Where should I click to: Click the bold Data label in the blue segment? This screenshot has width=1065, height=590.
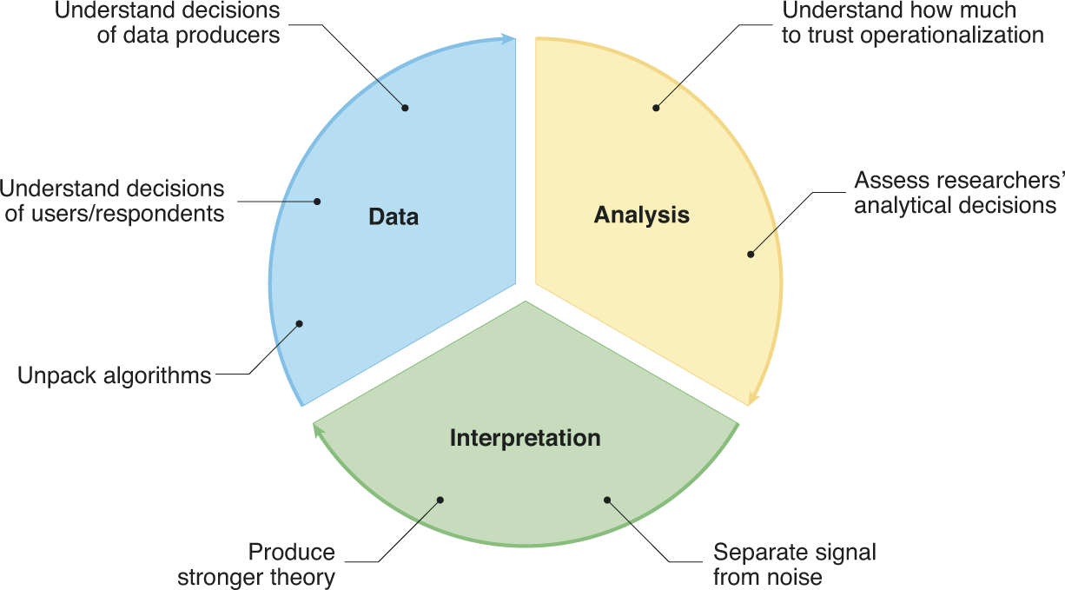[393, 216]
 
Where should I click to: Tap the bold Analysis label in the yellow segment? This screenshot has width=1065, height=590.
[641, 215]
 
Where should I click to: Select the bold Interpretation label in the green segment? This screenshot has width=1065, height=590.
[525, 438]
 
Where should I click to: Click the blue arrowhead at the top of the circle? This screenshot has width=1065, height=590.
[509, 38]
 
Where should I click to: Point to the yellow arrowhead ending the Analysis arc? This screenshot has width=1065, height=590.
[752, 399]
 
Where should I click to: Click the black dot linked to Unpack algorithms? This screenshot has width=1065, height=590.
[299, 323]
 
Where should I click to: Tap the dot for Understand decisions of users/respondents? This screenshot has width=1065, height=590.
[317, 202]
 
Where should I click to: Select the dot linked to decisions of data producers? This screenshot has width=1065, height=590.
[405, 108]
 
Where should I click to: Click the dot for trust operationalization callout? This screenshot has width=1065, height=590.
[656, 108]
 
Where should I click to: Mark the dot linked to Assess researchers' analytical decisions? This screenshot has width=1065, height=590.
[751, 254]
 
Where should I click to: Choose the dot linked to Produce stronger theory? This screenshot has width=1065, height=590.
[440, 500]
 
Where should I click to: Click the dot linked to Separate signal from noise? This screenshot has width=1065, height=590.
[607, 500]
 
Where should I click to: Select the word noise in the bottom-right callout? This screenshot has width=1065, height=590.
[792, 577]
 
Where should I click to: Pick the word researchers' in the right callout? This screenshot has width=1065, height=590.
[989, 181]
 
